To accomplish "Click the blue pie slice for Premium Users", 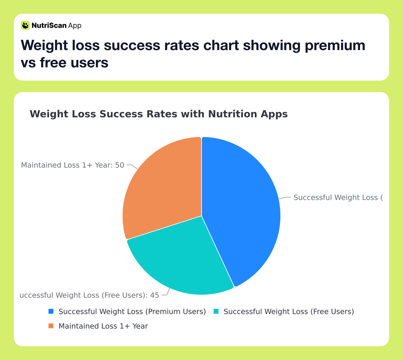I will tap(242, 207).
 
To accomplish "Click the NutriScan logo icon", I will tap(25, 25).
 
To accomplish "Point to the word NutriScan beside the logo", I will tap(49, 26).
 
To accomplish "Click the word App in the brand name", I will tap(75, 26).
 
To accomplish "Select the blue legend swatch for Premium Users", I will tap(51, 311).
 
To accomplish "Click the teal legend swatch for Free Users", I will tap(216, 311).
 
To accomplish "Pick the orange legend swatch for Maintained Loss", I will tap(51, 326).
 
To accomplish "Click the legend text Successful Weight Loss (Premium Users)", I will tap(132, 312).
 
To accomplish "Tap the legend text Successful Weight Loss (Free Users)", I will tap(288, 312).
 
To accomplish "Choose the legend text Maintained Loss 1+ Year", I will tap(103, 326).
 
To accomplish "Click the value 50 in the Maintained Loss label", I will tap(119, 165).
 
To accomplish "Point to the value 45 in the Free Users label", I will tap(155, 295).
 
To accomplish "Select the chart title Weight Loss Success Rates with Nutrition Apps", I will tap(159, 114).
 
